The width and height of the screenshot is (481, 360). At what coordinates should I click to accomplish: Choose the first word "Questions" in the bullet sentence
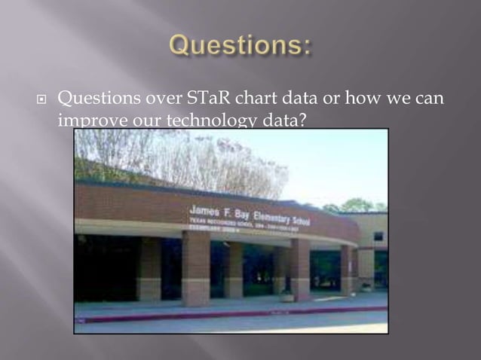96,99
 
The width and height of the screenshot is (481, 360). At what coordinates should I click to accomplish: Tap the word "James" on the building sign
204,210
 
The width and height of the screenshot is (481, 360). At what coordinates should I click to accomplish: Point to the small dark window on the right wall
378,236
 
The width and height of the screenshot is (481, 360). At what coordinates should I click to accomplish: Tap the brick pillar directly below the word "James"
196,267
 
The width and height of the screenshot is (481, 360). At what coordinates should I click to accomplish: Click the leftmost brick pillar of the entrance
149,269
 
